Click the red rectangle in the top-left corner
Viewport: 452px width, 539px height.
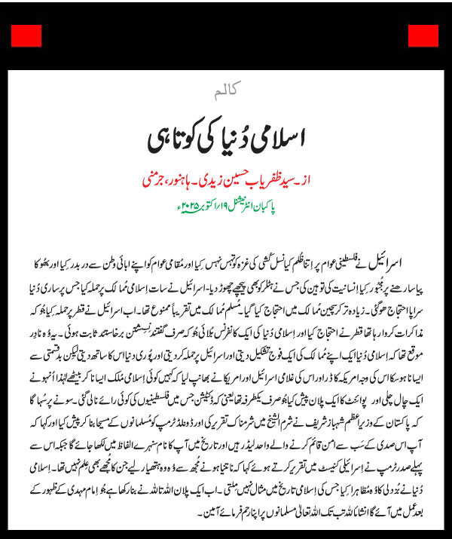26,35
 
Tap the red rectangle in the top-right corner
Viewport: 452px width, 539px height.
423,35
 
